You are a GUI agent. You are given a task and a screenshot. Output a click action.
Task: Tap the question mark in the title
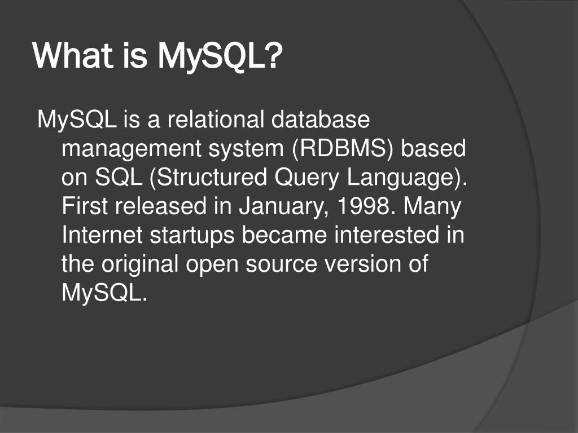(x=274, y=58)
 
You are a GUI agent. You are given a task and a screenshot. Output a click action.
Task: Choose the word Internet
(x=102, y=235)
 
